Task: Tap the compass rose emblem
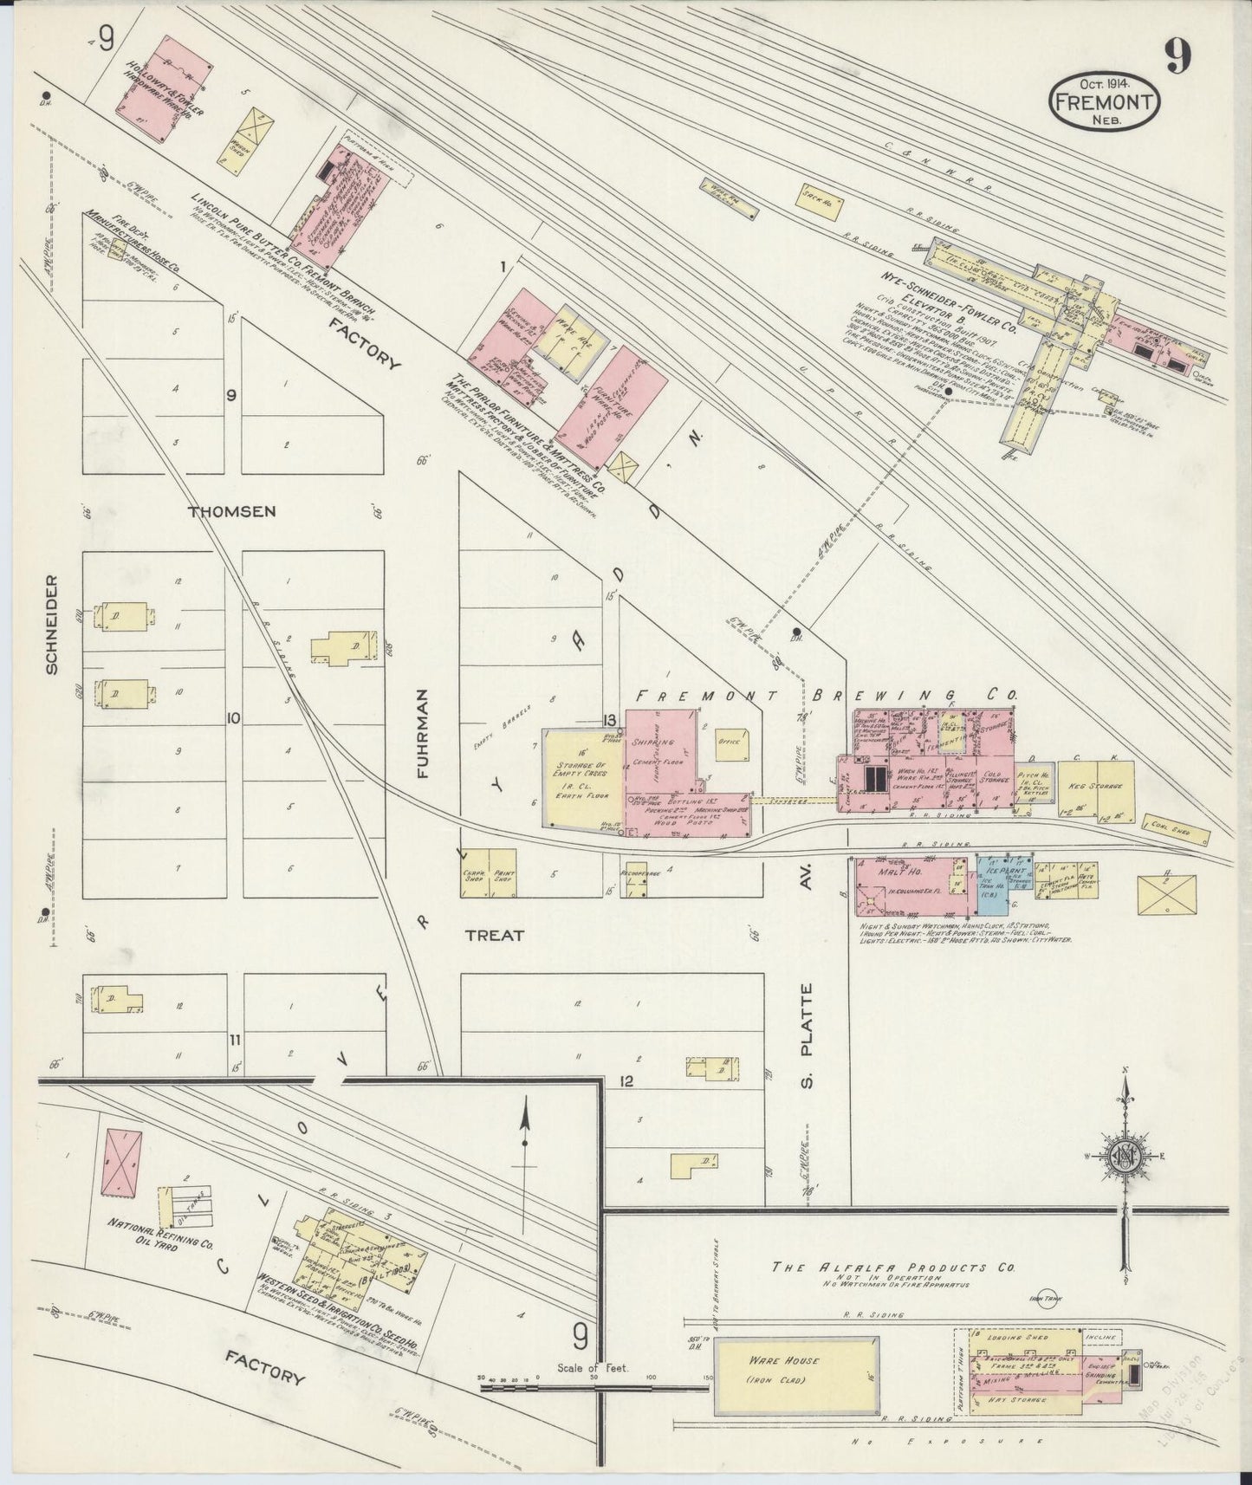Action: click(1125, 1156)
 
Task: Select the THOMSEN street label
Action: click(231, 511)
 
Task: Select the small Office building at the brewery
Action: click(727, 743)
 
